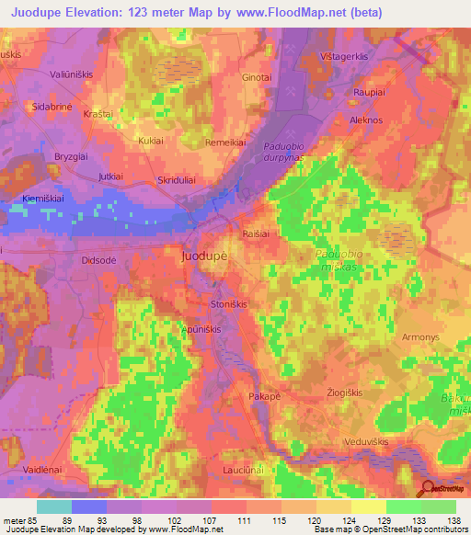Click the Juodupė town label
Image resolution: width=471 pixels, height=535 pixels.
(206, 256)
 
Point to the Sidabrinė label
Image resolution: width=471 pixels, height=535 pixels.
(54, 107)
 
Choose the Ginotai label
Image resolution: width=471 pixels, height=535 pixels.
(258, 79)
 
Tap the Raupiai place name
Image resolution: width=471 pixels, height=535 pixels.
(371, 93)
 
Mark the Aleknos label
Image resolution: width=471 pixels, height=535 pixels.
(366, 121)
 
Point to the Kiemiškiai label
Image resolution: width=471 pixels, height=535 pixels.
(43, 199)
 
